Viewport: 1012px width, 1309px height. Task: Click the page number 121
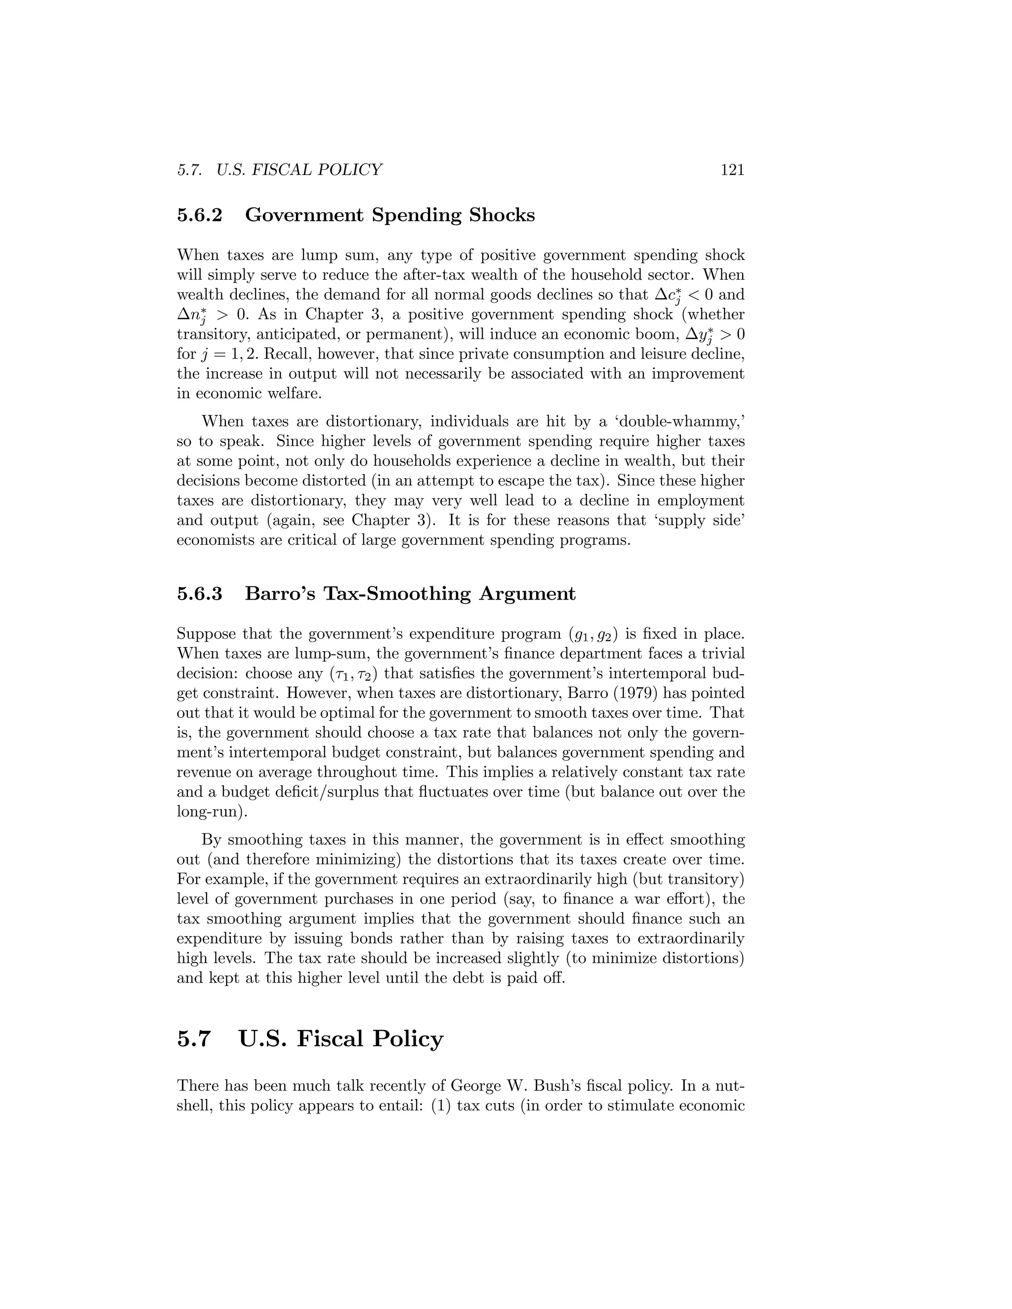pos(732,170)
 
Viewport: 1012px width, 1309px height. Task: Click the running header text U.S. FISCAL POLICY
pos(299,170)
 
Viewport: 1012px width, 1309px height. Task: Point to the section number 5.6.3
pos(200,594)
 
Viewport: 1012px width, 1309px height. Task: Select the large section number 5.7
pos(195,1039)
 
